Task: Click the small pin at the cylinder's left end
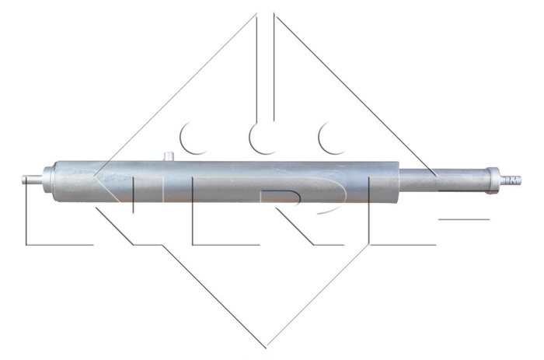pos(30,180)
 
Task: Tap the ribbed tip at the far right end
pos(513,180)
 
